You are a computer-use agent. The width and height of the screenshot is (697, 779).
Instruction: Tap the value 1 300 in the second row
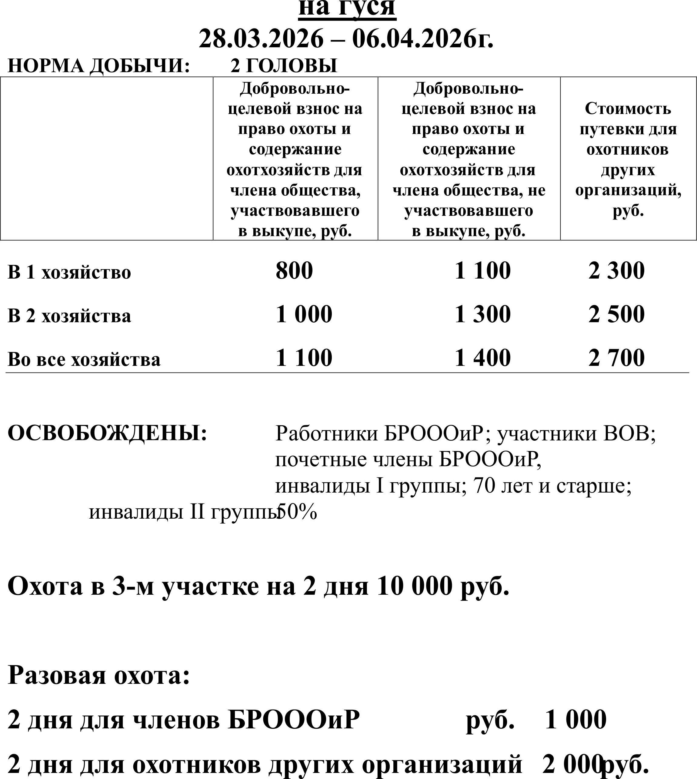(482, 314)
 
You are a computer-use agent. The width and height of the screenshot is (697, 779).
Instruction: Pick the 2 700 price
(617, 358)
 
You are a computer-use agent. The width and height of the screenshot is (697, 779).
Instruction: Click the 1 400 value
(482, 358)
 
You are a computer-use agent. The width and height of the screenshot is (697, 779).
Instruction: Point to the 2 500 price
(617, 314)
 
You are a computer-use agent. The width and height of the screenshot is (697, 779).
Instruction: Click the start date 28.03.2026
(261, 39)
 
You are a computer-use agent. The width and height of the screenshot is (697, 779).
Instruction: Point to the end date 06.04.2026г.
(423, 39)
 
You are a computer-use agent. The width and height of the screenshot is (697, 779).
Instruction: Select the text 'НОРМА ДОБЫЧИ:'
(99, 66)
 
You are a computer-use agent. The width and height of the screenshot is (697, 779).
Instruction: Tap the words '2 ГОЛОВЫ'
(284, 66)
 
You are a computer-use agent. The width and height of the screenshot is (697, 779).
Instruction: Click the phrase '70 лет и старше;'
(552, 486)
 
